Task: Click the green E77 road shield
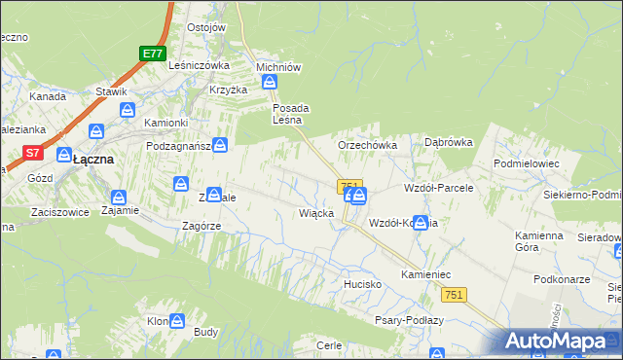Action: [151, 54]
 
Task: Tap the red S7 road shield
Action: [34, 153]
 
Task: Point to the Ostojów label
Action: [205, 27]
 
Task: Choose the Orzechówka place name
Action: [367, 145]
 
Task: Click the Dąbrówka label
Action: [449, 142]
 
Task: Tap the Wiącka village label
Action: [316, 213]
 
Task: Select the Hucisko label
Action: [359, 283]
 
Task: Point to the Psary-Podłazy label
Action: [409, 320]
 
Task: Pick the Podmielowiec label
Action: [527, 164]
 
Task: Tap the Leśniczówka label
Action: [199, 65]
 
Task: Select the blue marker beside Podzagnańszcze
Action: [220, 146]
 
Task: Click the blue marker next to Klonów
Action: [178, 319]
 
